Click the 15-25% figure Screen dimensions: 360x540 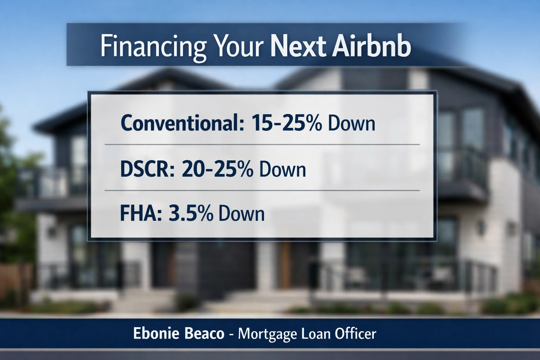coord(286,123)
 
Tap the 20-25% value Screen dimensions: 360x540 coord(217,169)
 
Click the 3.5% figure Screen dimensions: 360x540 coord(191,213)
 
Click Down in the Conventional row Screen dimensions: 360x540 coord(351,123)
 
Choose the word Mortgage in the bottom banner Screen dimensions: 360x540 coord(267,334)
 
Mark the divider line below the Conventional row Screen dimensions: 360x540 coord(262,144)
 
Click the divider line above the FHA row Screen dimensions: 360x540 coord(262,191)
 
